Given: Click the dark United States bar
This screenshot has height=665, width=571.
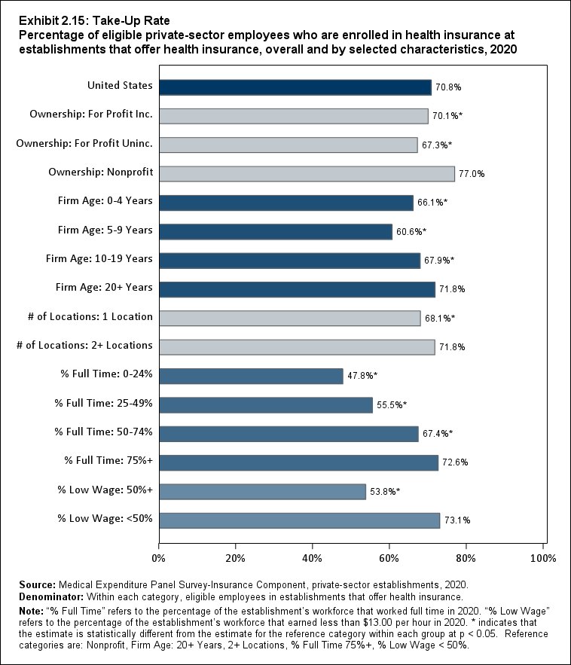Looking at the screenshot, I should click(x=295, y=87).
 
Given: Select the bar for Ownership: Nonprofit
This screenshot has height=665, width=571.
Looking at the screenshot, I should click(x=307, y=174).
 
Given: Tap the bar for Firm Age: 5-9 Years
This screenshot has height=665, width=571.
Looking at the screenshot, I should click(x=275, y=231).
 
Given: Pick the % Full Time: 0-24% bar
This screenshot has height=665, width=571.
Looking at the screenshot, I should click(x=251, y=376).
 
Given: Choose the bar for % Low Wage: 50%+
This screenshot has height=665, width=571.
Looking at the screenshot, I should click(x=262, y=491).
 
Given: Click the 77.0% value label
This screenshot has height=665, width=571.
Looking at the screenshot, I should click(x=472, y=174).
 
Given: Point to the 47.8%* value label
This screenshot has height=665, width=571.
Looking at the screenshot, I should click(x=363, y=376).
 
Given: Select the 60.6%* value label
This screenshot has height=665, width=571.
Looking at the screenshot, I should click(x=411, y=231).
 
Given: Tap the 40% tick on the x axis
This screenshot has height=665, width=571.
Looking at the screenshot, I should click(x=313, y=558).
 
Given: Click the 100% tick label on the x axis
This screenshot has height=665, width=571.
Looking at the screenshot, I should click(x=543, y=558).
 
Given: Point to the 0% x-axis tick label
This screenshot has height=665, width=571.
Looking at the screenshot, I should click(x=159, y=558).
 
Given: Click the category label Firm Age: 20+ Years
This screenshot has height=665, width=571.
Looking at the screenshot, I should click(x=104, y=288).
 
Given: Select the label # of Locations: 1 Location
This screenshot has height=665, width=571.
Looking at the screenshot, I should click(x=85, y=317).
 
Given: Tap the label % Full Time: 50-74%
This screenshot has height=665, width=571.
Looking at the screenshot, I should click(x=104, y=432).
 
